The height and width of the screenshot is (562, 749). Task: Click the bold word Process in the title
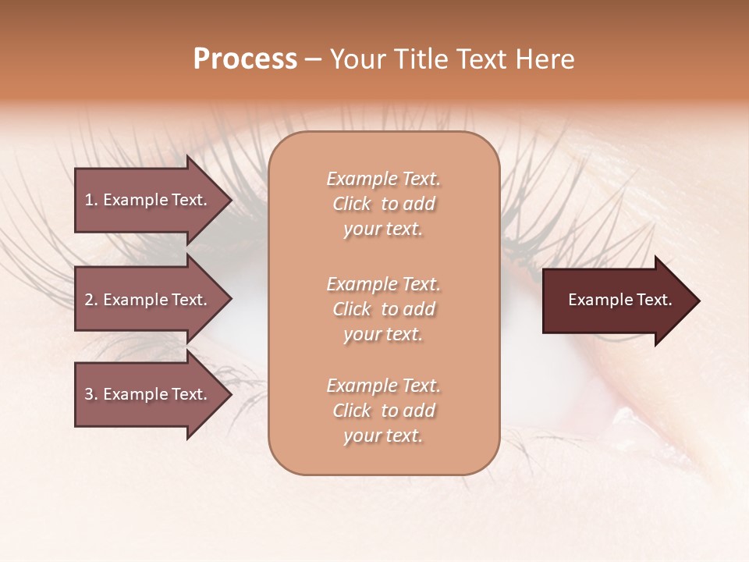[x=245, y=59]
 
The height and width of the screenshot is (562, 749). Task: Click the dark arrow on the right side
[x=616, y=301]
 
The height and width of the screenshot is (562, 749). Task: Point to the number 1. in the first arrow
[x=91, y=200]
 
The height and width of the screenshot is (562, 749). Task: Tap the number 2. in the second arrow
[x=91, y=300]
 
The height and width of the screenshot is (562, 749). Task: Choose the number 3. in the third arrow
[x=91, y=394]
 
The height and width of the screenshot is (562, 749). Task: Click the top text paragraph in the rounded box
[x=383, y=204]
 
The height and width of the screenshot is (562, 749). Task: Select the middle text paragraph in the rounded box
[x=383, y=309]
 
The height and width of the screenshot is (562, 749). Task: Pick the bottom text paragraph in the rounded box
[x=383, y=411]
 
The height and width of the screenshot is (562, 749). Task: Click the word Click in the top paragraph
[x=351, y=204]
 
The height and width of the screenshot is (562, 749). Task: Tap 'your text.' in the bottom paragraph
[x=383, y=436]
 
